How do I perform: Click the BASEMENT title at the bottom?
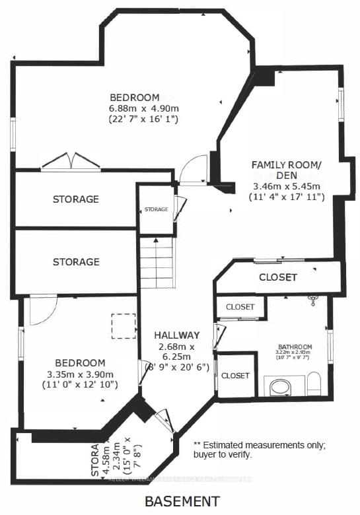click(x=182, y=500)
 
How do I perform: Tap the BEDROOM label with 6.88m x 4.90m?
click(x=135, y=97)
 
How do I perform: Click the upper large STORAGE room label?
click(x=76, y=199)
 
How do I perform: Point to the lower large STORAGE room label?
click(x=76, y=262)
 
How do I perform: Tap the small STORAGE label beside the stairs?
click(x=156, y=209)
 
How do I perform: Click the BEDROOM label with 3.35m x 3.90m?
click(x=79, y=362)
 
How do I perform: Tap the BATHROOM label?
click(x=291, y=345)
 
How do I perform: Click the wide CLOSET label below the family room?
click(x=277, y=277)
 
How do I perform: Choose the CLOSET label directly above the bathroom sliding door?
click(x=240, y=307)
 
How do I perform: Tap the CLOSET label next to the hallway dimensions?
click(x=236, y=375)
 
